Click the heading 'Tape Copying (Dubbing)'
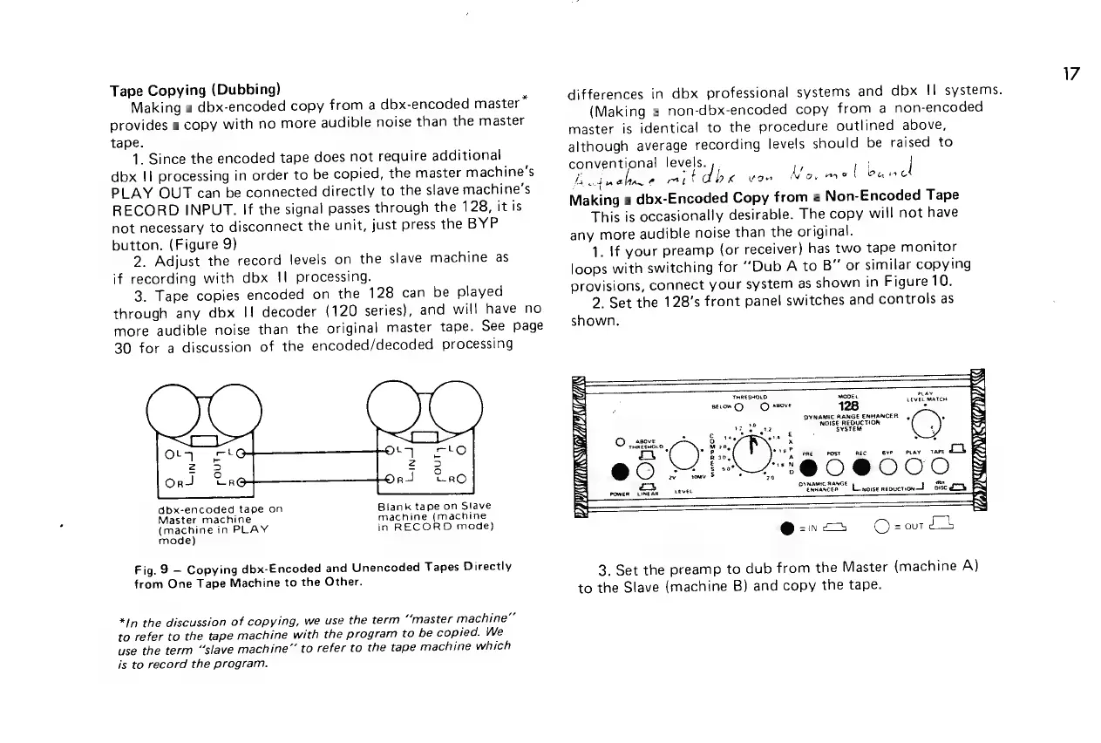click(194, 89)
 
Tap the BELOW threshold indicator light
click(738, 405)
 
